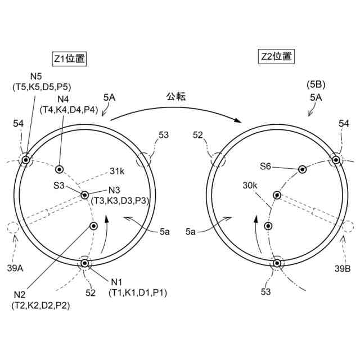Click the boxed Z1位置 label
click(x=69, y=59)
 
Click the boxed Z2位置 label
click(x=276, y=56)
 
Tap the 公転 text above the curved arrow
click(x=176, y=97)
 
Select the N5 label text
click(x=36, y=76)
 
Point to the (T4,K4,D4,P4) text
click(x=69, y=110)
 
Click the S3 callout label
click(x=58, y=186)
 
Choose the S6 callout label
click(x=265, y=166)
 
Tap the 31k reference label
click(x=117, y=171)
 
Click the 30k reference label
click(x=250, y=185)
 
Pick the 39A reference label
click(x=15, y=268)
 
